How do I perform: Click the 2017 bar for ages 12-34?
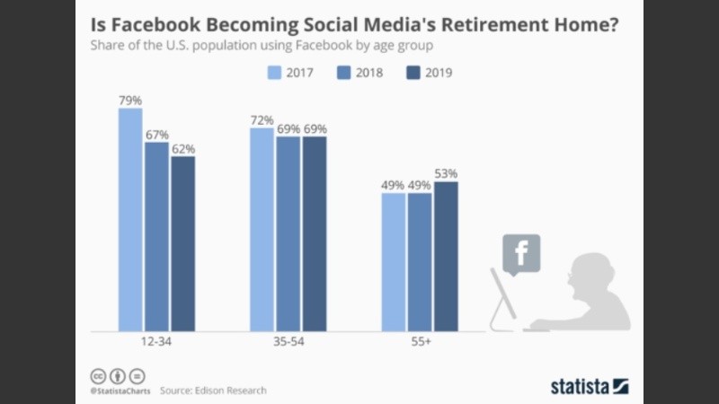click(x=130, y=220)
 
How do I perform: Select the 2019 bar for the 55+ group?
click(x=446, y=256)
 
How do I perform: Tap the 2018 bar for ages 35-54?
click(x=288, y=233)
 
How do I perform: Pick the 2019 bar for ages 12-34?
click(x=183, y=243)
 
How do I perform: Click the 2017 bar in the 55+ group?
click(x=394, y=261)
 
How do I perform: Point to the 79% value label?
click(x=130, y=101)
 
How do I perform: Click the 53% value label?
click(x=447, y=173)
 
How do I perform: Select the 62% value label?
click(x=183, y=148)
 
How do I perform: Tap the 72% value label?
click(x=262, y=119)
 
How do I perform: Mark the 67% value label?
click(x=157, y=134)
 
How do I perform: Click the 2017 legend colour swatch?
click(x=278, y=73)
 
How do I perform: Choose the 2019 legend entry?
click(x=432, y=73)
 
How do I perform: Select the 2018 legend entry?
click(x=359, y=73)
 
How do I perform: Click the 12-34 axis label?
click(x=157, y=343)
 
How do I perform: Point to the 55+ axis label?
click(x=420, y=343)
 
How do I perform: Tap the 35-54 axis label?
click(x=288, y=343)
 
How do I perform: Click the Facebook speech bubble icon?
click(x=521, y=250)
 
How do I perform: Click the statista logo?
click(x=590, y=387)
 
